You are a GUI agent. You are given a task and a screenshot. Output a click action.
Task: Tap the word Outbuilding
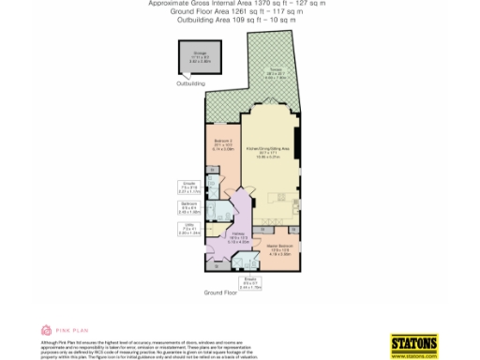(x=190, y=83)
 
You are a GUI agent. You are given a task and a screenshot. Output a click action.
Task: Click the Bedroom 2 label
(x=222, y=145)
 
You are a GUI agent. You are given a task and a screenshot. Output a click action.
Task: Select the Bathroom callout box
(x=187, y=208)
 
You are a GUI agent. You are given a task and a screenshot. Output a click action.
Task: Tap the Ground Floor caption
(x=220, y=293)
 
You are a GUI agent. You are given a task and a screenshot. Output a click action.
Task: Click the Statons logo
(x=412, y=343)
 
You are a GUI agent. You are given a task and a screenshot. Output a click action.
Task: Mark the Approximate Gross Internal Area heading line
(x=239, y=4)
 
